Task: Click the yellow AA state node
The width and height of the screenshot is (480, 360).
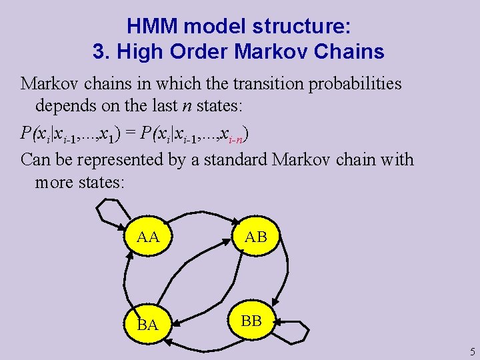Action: [148, 237]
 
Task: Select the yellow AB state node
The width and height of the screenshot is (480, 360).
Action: [256, 237]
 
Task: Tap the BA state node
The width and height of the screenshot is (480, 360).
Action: [147, 325]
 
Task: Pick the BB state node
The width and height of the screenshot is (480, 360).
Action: [251, 321]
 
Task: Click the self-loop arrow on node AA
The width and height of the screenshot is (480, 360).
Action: [109, 212]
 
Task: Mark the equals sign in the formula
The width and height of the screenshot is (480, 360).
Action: [128, 133]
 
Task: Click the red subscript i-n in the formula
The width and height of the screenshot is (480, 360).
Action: [235, 138]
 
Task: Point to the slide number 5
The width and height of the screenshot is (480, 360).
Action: [472, 351]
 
